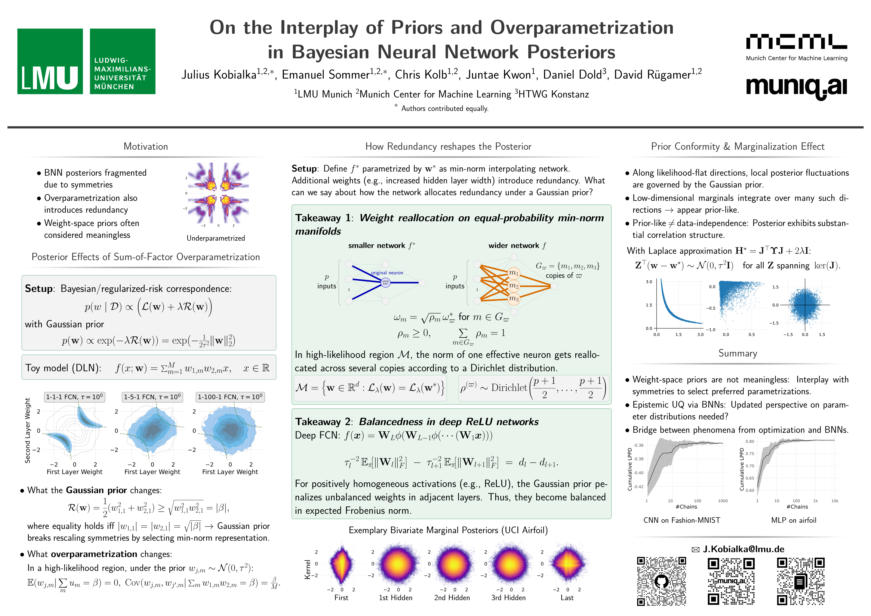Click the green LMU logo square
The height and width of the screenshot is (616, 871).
coord(50,61)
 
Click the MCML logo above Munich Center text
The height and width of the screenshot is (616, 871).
coord(796,42)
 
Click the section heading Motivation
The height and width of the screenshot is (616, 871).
coord(146,147)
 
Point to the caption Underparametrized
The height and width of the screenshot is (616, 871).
coord(216,238)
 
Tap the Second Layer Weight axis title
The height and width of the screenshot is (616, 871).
coord(27,431)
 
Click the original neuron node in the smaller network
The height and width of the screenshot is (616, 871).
coord(385,283)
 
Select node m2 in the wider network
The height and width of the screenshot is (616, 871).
coord(514,286)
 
